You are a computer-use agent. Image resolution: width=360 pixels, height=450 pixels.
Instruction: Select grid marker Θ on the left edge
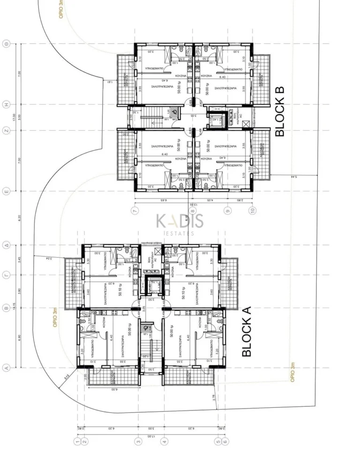coord(7,44)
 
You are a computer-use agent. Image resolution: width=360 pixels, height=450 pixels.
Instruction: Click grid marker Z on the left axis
coord(7,131)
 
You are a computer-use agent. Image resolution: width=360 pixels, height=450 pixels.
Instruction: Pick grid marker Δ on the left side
coord(7,245)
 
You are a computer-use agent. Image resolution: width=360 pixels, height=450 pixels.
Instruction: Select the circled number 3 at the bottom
coord(138,441)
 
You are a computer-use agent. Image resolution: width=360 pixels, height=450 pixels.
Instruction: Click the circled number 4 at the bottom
coord(164,441)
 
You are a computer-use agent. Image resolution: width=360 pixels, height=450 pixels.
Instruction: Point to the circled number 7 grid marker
coord(135,212)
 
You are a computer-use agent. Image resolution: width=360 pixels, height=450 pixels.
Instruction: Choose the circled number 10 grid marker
coord(253,212)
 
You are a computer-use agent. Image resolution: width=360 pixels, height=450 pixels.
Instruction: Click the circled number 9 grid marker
coord(228,212)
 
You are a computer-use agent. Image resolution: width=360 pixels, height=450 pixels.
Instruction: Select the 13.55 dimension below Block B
coord(193,205)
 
